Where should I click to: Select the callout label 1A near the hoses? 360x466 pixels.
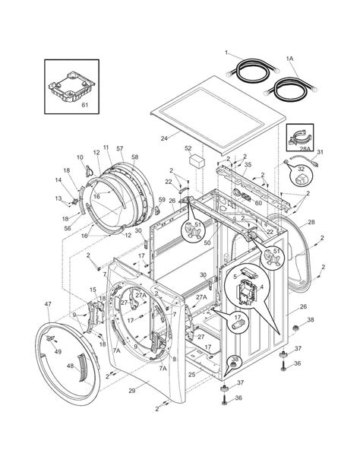289,59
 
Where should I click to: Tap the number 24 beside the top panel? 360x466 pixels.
163,138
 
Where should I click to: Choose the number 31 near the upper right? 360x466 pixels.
320,151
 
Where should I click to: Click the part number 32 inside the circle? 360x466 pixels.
301,170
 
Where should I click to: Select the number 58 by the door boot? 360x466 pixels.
134,157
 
